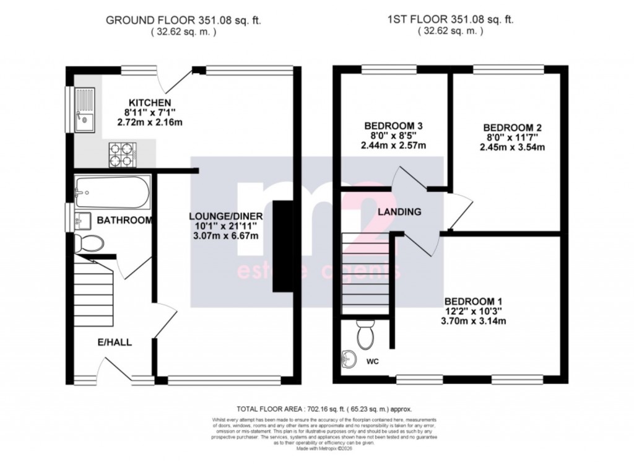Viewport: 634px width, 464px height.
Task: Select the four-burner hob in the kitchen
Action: coord(121,154)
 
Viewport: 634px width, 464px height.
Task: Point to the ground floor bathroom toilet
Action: coord(85,242)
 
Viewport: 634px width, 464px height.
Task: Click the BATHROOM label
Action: coord(124,220)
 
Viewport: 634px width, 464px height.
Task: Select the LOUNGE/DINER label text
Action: coord(226,216)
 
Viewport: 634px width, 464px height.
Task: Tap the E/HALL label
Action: coord(115,341)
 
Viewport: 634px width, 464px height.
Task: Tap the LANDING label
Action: coord(400,212)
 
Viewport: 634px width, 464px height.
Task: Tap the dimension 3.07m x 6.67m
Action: coord(226,236)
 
